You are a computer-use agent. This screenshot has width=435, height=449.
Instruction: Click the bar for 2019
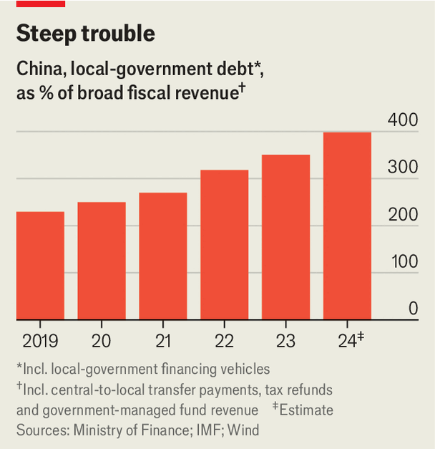pyautogui.click(x=40, y=266)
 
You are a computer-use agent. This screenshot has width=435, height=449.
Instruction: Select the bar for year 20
pyautogui.click(x=102, y=261)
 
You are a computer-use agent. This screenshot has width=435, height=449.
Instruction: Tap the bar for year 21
pyautogui.click(x=163, y=256)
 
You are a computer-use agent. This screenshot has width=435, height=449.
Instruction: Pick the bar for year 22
pyautogui.click(x=225, y=245)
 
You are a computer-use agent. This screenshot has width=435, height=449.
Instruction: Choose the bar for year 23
pyautogui.click(x=285, y=237)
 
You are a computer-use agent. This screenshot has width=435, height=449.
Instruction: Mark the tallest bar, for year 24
pyautogui.click(x=347, y=226)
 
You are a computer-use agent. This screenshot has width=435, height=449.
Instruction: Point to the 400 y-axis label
pyautogui.click(x=403, y=120)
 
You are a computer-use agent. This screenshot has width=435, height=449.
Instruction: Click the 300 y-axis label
pyautogui.click(x=403, y=167)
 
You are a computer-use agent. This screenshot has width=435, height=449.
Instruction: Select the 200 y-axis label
pyautogui.click(x=403, y=214)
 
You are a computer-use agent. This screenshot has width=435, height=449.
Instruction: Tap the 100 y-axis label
pyautogui.click(x=403, y=261)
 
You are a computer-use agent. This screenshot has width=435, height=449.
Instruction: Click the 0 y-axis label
pyautogui.click(x=413, y=309)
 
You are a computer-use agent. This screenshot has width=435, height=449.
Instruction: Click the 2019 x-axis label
pyautogui.click(x=40, y=340)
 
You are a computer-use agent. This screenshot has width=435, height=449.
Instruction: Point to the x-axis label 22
pyautogui.click(x=225, y=340)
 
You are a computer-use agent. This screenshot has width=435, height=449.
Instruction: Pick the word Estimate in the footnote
pyautogui.click(x=306, y=410)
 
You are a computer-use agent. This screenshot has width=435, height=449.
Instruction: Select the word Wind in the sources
pyautogui.click(x=244, y=430)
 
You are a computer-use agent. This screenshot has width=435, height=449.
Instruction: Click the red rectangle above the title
pyautogui.click(x=40, y=4)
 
